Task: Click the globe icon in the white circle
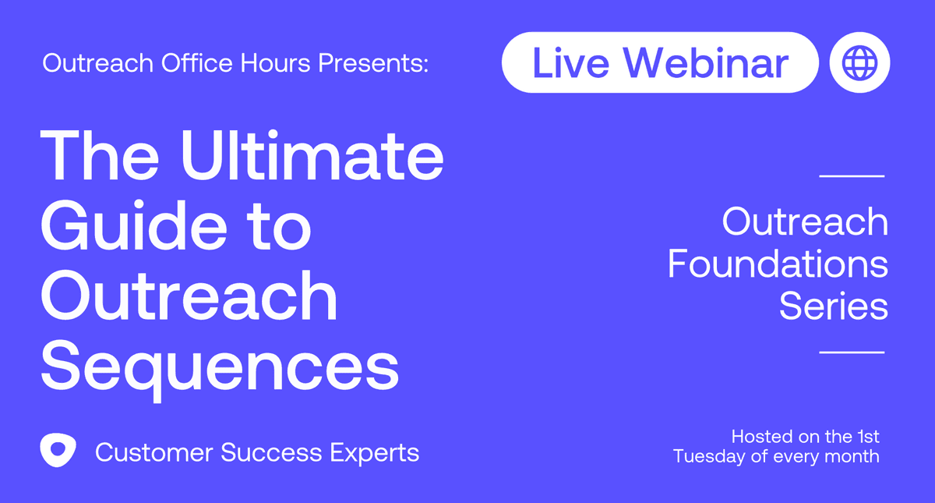tap(859, 62)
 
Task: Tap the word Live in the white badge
tap(570, 63)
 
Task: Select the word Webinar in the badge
tap(706, 62)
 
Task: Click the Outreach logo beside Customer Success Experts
tap(58, 450)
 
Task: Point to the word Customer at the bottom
tap(154, 452)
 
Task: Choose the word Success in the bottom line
tap(271, 452)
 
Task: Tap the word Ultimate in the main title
tap(312, 155)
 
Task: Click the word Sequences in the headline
tap(220, 368)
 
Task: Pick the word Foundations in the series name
tap(778, 264)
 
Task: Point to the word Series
tap(834, 306)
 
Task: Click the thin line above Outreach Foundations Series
tap(852, 176)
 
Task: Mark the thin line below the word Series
tap(852, 352)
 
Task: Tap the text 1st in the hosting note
tap(868, 437)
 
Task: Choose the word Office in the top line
tap(196, 63)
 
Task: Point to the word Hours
tap(276, 63)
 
